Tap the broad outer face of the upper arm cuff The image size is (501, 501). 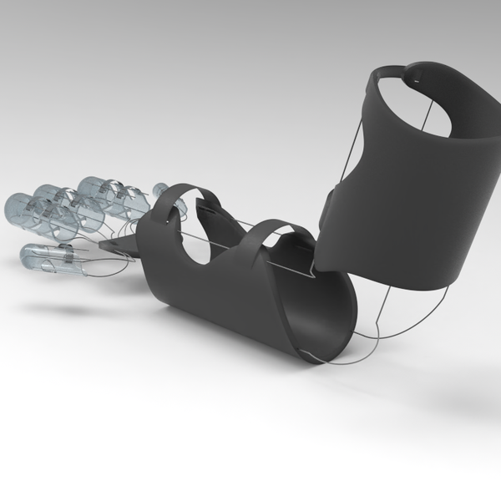(401, 209)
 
